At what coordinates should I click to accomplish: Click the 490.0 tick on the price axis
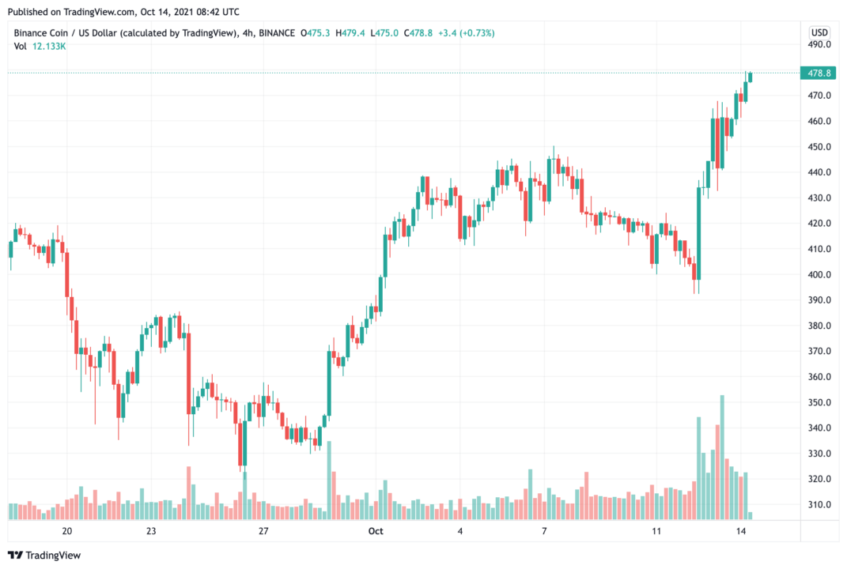(x=819, y=44)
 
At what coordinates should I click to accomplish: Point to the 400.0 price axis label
(x=819, y=274)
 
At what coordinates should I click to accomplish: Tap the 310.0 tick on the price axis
(x=819, y=504)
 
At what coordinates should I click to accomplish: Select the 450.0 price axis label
(x=819, y=147)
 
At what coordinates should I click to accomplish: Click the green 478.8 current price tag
(x=818, y=73)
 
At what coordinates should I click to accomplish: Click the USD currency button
(x=819, y=32)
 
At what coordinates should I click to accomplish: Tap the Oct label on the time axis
(x=376, y=531)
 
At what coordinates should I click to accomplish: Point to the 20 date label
(x=67, y=531)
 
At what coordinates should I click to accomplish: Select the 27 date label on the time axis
(x=264, y=531)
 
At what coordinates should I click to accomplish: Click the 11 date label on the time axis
(x=656, y=531)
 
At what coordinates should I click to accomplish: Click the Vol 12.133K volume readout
(x=40, y=47)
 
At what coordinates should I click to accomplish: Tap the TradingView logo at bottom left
(x=45, y=555)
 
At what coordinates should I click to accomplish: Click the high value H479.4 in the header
(x=350, y=32)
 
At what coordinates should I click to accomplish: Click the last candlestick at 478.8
(x=750, y=77)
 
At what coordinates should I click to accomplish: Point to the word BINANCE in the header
(x=270, y=32)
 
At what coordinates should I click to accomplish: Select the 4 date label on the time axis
(x=460, y=531)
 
